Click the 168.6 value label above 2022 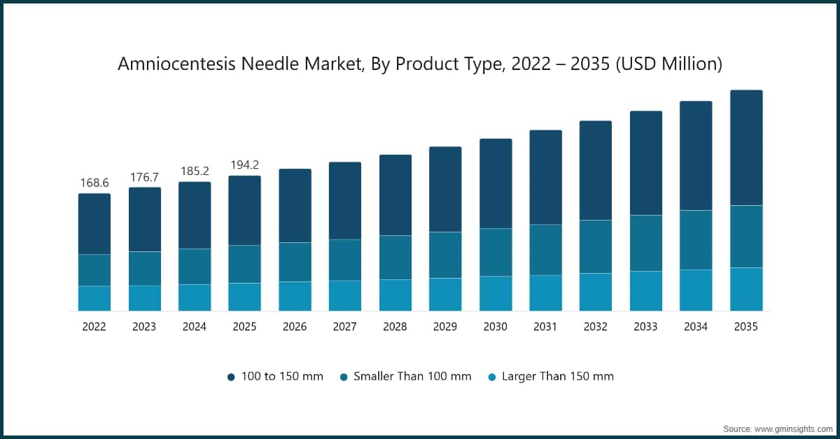tap(94, 183)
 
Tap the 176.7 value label tap(145, 177)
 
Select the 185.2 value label tap(195, 171)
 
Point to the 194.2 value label tap(245, 165)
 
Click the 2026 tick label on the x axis tap(295, 326)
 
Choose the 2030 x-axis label tap(496, 326)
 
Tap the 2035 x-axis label tap(746, 326)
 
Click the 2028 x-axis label tap(395, 326)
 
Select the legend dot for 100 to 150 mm tap(231, 377)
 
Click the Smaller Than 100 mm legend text tap(412, 376)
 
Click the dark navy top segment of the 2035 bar tap(746, 147)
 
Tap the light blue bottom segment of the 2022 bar tap(94, 298)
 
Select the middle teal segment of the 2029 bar tap(445, 255)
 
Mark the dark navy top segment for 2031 tap(545, 177)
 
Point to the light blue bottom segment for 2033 tap(646, 291)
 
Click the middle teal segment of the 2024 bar tap(195, 266)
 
